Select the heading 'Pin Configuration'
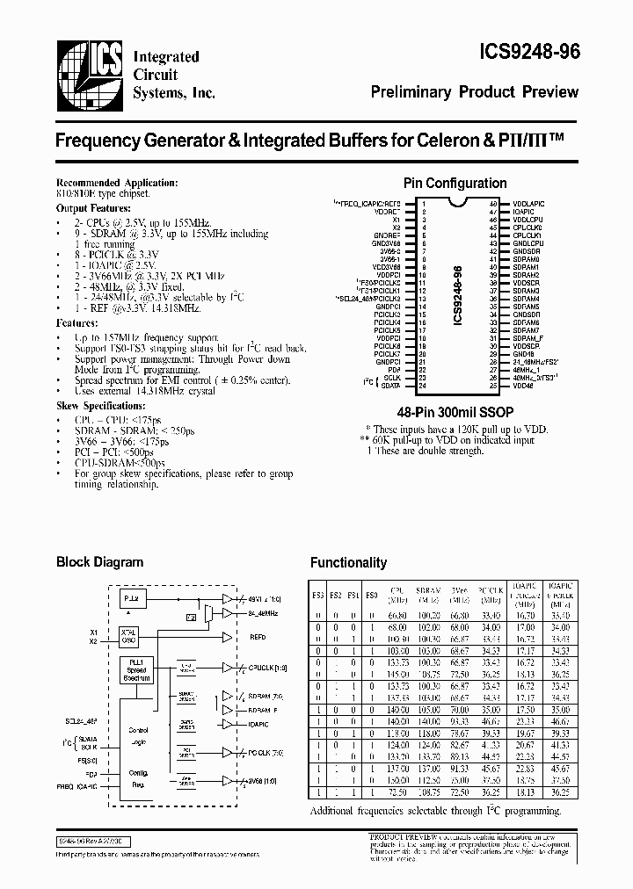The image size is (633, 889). click(455, 184)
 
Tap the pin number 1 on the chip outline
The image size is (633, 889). click(422, 203)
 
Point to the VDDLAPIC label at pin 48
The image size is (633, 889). click(532, 203)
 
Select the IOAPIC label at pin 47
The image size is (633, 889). click(525, 211)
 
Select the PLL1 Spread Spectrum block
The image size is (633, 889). click(136, 672)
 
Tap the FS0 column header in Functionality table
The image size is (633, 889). click(370, 595)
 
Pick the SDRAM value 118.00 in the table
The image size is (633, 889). click(428, 733)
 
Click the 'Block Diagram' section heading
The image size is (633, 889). click(99, 562)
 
